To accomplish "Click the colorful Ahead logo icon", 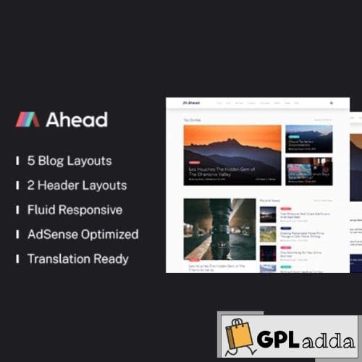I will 28,119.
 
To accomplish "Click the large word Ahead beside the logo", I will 76,119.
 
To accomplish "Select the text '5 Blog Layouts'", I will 70,161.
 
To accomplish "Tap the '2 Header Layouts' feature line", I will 77,185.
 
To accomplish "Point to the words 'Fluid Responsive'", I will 75,210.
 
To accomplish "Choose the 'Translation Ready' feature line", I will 77,258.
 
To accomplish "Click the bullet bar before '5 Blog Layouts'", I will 17,161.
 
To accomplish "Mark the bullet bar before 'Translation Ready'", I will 17,258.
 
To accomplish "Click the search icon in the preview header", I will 332,104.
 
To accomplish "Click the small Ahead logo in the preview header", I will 191,104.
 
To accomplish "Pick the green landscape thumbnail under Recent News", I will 268,234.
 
